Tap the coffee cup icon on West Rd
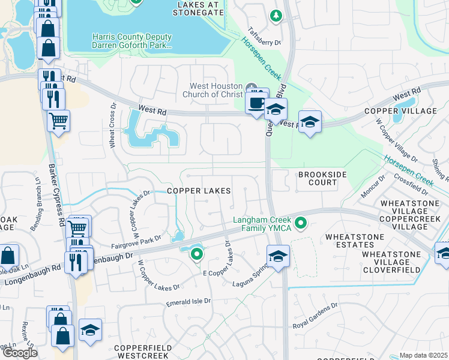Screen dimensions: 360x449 coord(256,102)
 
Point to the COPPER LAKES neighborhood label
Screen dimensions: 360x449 coord(199,190)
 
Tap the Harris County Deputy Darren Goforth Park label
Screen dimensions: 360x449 coord(132,41)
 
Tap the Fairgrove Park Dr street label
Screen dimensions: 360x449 coord(137,242)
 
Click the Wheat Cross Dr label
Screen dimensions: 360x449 coord(112,130)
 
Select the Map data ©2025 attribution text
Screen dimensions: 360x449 coord(423,355)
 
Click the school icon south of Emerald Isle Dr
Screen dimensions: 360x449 coord(90,330)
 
